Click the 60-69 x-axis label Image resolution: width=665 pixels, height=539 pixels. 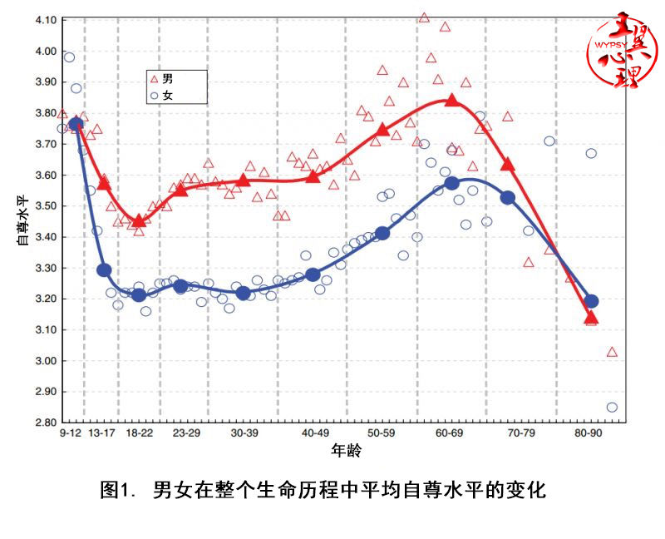point(450,434)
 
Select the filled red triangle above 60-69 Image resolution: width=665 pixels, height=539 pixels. point(452,100)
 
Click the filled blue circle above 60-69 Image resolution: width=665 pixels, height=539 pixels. point(452,183)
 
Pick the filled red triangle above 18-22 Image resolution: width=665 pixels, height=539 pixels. point(139,220)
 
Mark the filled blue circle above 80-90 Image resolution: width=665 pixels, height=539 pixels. point(592,301)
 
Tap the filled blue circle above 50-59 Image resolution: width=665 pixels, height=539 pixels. point(382,233)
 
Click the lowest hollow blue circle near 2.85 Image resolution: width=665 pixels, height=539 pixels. point(612,407)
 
